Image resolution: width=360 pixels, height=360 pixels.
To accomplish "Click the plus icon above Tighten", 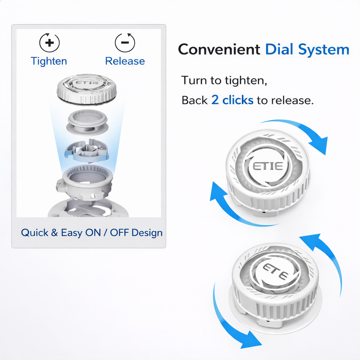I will coord(49,42).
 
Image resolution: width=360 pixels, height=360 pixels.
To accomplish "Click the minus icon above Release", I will coord(125,42).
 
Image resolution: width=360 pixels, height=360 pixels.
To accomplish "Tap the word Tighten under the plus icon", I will coord(49,61).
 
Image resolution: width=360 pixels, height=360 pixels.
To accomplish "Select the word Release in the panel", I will coord(125,61).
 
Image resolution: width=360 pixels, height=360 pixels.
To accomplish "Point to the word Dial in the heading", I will coord(282,49).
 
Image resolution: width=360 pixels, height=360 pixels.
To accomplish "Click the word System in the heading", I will coord(325,49).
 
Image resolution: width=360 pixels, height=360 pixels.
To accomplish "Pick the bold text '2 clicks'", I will coord(232,100).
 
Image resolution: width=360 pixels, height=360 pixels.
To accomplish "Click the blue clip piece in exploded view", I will coord(86,150).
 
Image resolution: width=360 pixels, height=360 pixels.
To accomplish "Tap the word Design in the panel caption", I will coord(147,233).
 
